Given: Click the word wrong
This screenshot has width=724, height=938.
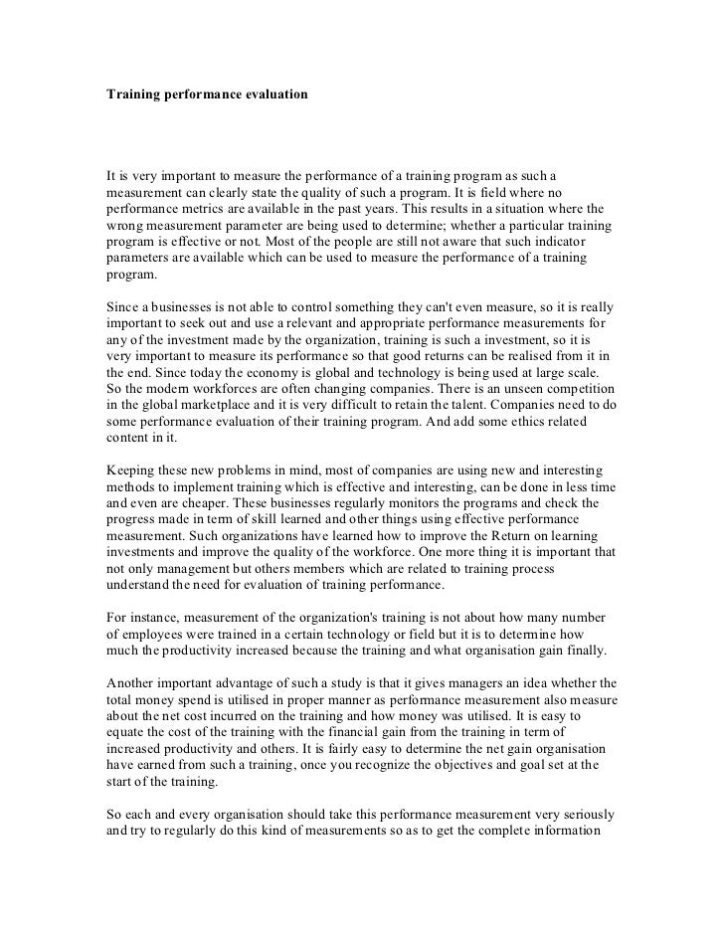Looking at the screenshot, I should (125, 226).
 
